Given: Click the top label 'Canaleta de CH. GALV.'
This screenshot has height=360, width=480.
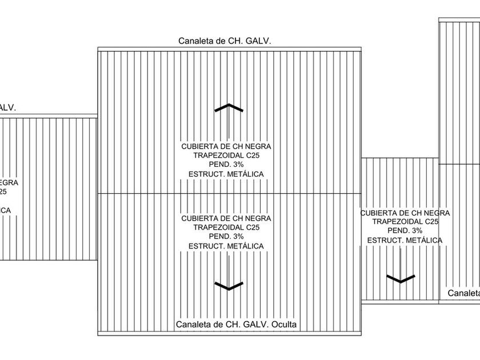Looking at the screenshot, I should (x=224, y=41).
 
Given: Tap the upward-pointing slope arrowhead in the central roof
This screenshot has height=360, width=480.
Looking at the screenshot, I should (x=229, y=107).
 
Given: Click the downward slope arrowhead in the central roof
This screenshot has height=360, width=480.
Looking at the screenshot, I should (x=229, y=286).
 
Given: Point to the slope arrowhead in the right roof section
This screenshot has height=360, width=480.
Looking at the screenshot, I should (x=401, y=279).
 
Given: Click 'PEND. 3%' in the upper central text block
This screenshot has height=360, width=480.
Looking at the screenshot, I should (x=226, y=165).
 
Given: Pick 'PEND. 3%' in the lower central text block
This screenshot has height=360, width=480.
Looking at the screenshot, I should (x=226, y=237).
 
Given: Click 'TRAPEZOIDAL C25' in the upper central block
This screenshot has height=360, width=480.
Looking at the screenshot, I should (x=226, y=155).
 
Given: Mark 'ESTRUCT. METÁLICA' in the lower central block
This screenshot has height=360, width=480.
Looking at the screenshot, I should (x=226, y=246).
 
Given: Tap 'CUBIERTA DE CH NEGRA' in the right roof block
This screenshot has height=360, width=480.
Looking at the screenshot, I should (x=405, y=213).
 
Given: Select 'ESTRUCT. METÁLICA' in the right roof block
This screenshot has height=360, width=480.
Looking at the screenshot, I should (x=405, y=240).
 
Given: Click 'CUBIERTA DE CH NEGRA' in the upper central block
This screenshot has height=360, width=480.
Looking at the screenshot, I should (x=226, y=146).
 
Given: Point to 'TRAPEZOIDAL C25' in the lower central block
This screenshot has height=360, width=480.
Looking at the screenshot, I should (x=226, y=227).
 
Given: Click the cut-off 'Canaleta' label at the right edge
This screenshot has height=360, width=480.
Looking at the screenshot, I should (x=463, y=293).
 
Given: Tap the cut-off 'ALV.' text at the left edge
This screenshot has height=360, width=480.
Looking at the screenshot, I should (x=7, y=107).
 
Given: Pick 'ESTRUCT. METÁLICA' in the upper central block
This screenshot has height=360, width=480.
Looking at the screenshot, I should (x=226, y=174).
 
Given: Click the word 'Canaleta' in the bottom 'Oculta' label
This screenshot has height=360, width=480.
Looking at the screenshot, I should (x=194, y=325).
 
